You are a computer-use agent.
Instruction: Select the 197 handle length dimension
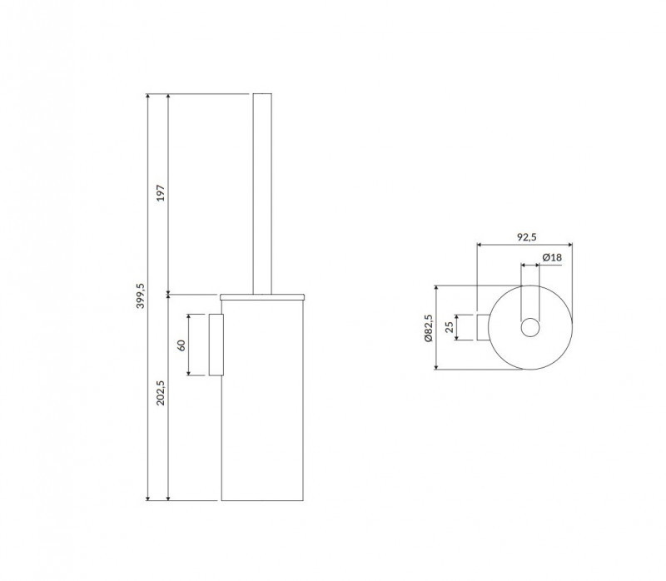tap(162, 192)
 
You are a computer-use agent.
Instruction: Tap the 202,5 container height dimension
tap(162, 392)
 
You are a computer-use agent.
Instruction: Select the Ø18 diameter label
tap(551, 258)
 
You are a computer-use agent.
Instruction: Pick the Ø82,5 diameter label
tap(429, 330)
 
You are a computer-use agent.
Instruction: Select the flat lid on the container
tap(263, 295)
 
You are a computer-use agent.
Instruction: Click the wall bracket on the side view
tap(216, 345)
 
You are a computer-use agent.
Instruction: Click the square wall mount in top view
tap(482, 328)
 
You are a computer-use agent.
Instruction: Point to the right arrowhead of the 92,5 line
tap(572, 246)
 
